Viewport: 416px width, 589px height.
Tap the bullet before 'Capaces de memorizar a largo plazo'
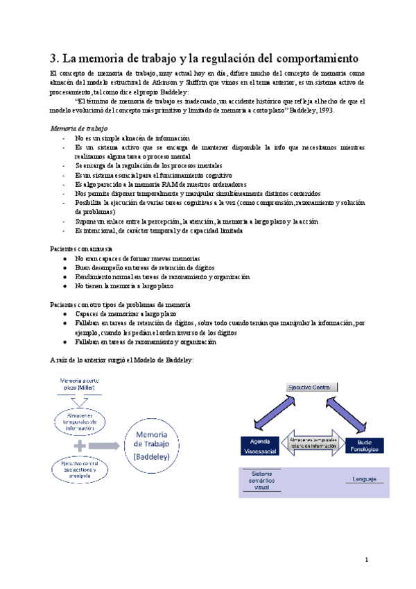(64, 314)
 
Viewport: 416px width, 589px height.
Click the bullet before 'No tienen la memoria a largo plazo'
(64, 285)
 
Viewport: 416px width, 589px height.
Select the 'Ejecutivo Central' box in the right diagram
(310, 386)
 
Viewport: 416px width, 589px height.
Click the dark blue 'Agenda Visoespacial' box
(258, 445)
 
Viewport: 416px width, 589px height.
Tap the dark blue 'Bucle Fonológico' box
(365, 445)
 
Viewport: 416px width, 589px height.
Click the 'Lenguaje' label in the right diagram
(365, 479)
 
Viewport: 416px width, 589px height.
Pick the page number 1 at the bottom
(367, 558)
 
